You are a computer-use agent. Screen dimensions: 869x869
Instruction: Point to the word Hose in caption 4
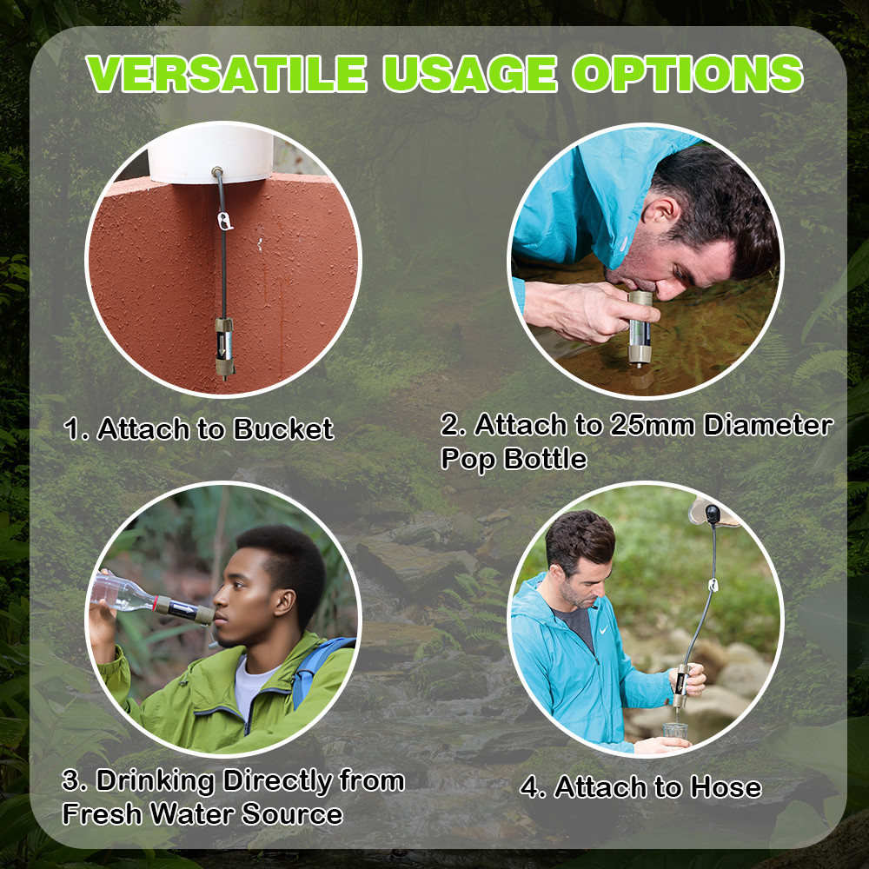(725, 787)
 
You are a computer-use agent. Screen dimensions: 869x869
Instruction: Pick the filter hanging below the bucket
(224, 344)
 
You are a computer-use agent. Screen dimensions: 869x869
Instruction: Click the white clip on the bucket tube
(226, 224)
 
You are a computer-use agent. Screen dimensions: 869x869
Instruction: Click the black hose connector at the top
(712, 514)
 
